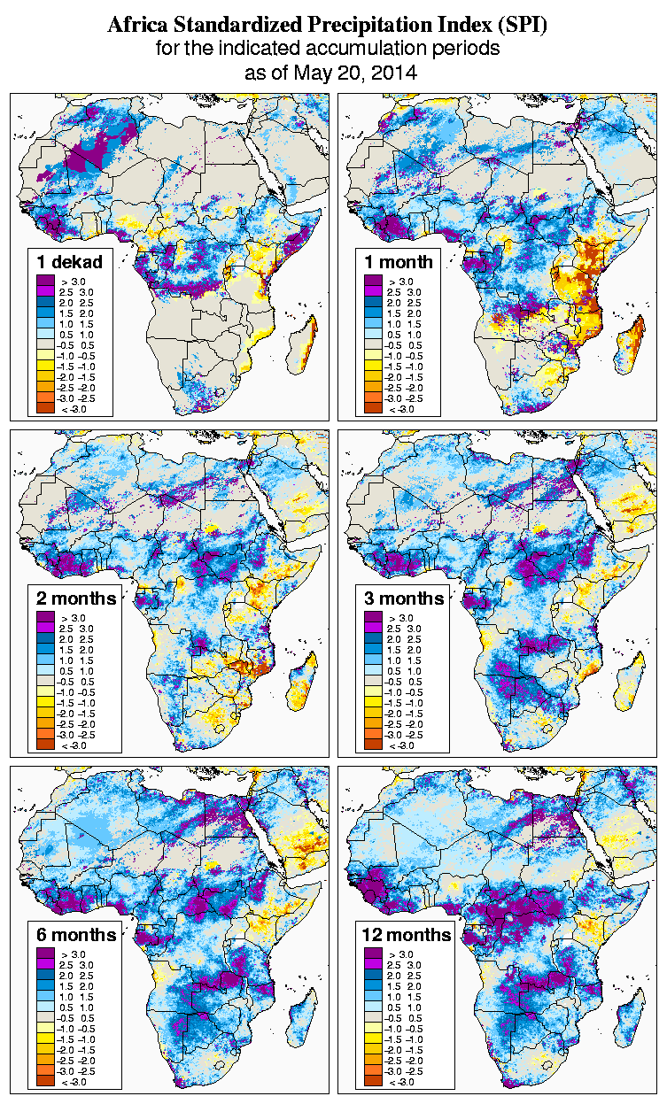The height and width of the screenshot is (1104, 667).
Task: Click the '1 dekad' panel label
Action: [70, 261]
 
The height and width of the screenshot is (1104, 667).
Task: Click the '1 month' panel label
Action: [399, 261]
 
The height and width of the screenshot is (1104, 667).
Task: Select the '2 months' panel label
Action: [76, 598]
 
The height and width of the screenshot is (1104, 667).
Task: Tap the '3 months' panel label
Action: [404, 598]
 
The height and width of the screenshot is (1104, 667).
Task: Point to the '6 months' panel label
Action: [76, 934]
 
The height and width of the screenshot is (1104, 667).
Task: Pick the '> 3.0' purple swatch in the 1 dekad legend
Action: [44, 281]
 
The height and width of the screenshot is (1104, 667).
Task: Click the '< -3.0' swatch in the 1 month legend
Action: [372, 408]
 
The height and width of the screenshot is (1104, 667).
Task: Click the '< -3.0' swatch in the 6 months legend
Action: [44, 1081]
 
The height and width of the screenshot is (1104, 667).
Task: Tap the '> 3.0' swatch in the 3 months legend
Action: [372, 617]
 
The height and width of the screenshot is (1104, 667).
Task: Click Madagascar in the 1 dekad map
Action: [302, 345]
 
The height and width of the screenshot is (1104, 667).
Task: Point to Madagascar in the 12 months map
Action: [630, 1018]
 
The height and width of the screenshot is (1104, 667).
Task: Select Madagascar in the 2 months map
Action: [302, 682]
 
